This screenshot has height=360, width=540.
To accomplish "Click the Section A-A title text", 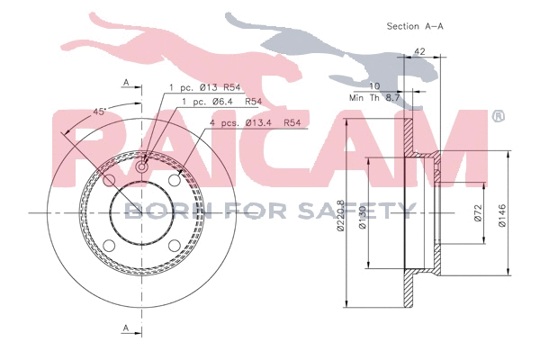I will tap(415, 26).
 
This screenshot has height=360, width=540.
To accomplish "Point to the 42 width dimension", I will tap(419, 52).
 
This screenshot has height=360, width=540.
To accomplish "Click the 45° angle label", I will tap(101, 111).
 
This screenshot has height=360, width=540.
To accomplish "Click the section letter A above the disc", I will tap(126, 83).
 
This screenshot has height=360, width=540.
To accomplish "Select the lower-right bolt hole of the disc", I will tap(175, 245).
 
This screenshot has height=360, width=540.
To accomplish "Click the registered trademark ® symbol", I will tap(498, 117).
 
